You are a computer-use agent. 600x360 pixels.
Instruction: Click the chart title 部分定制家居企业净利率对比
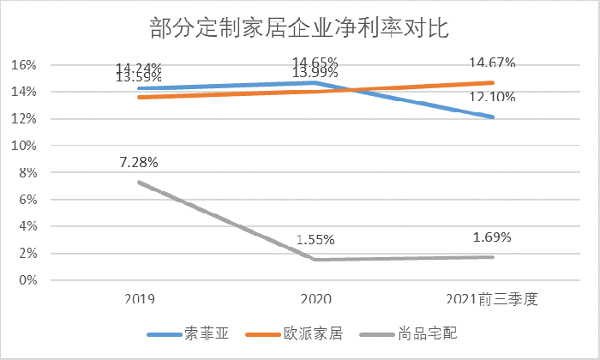(x=299, y=27)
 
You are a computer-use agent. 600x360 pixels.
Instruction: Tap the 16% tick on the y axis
(x=23, y=65)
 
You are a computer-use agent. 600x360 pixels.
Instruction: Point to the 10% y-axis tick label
(x=23, y=146)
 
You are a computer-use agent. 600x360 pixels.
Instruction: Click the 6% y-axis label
(x=27, y=200)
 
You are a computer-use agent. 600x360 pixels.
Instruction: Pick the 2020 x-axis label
(x=315, y=298)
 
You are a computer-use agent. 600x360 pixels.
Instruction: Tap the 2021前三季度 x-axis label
(x=493, y=298)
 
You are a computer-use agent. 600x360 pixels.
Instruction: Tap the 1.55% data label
(x=315, y=240)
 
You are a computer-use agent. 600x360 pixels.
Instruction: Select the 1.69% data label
(x=493, y=237)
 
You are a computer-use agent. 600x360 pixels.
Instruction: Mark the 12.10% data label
(x=493, y=97)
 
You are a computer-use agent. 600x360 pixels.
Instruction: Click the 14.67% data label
(x=493, y=62)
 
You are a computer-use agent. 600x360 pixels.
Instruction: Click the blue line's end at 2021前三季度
(x=493, y=117)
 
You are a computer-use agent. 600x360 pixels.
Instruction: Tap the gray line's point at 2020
(x=315, y=260)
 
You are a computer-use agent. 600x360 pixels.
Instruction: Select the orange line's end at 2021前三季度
(x=493, y=83)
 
